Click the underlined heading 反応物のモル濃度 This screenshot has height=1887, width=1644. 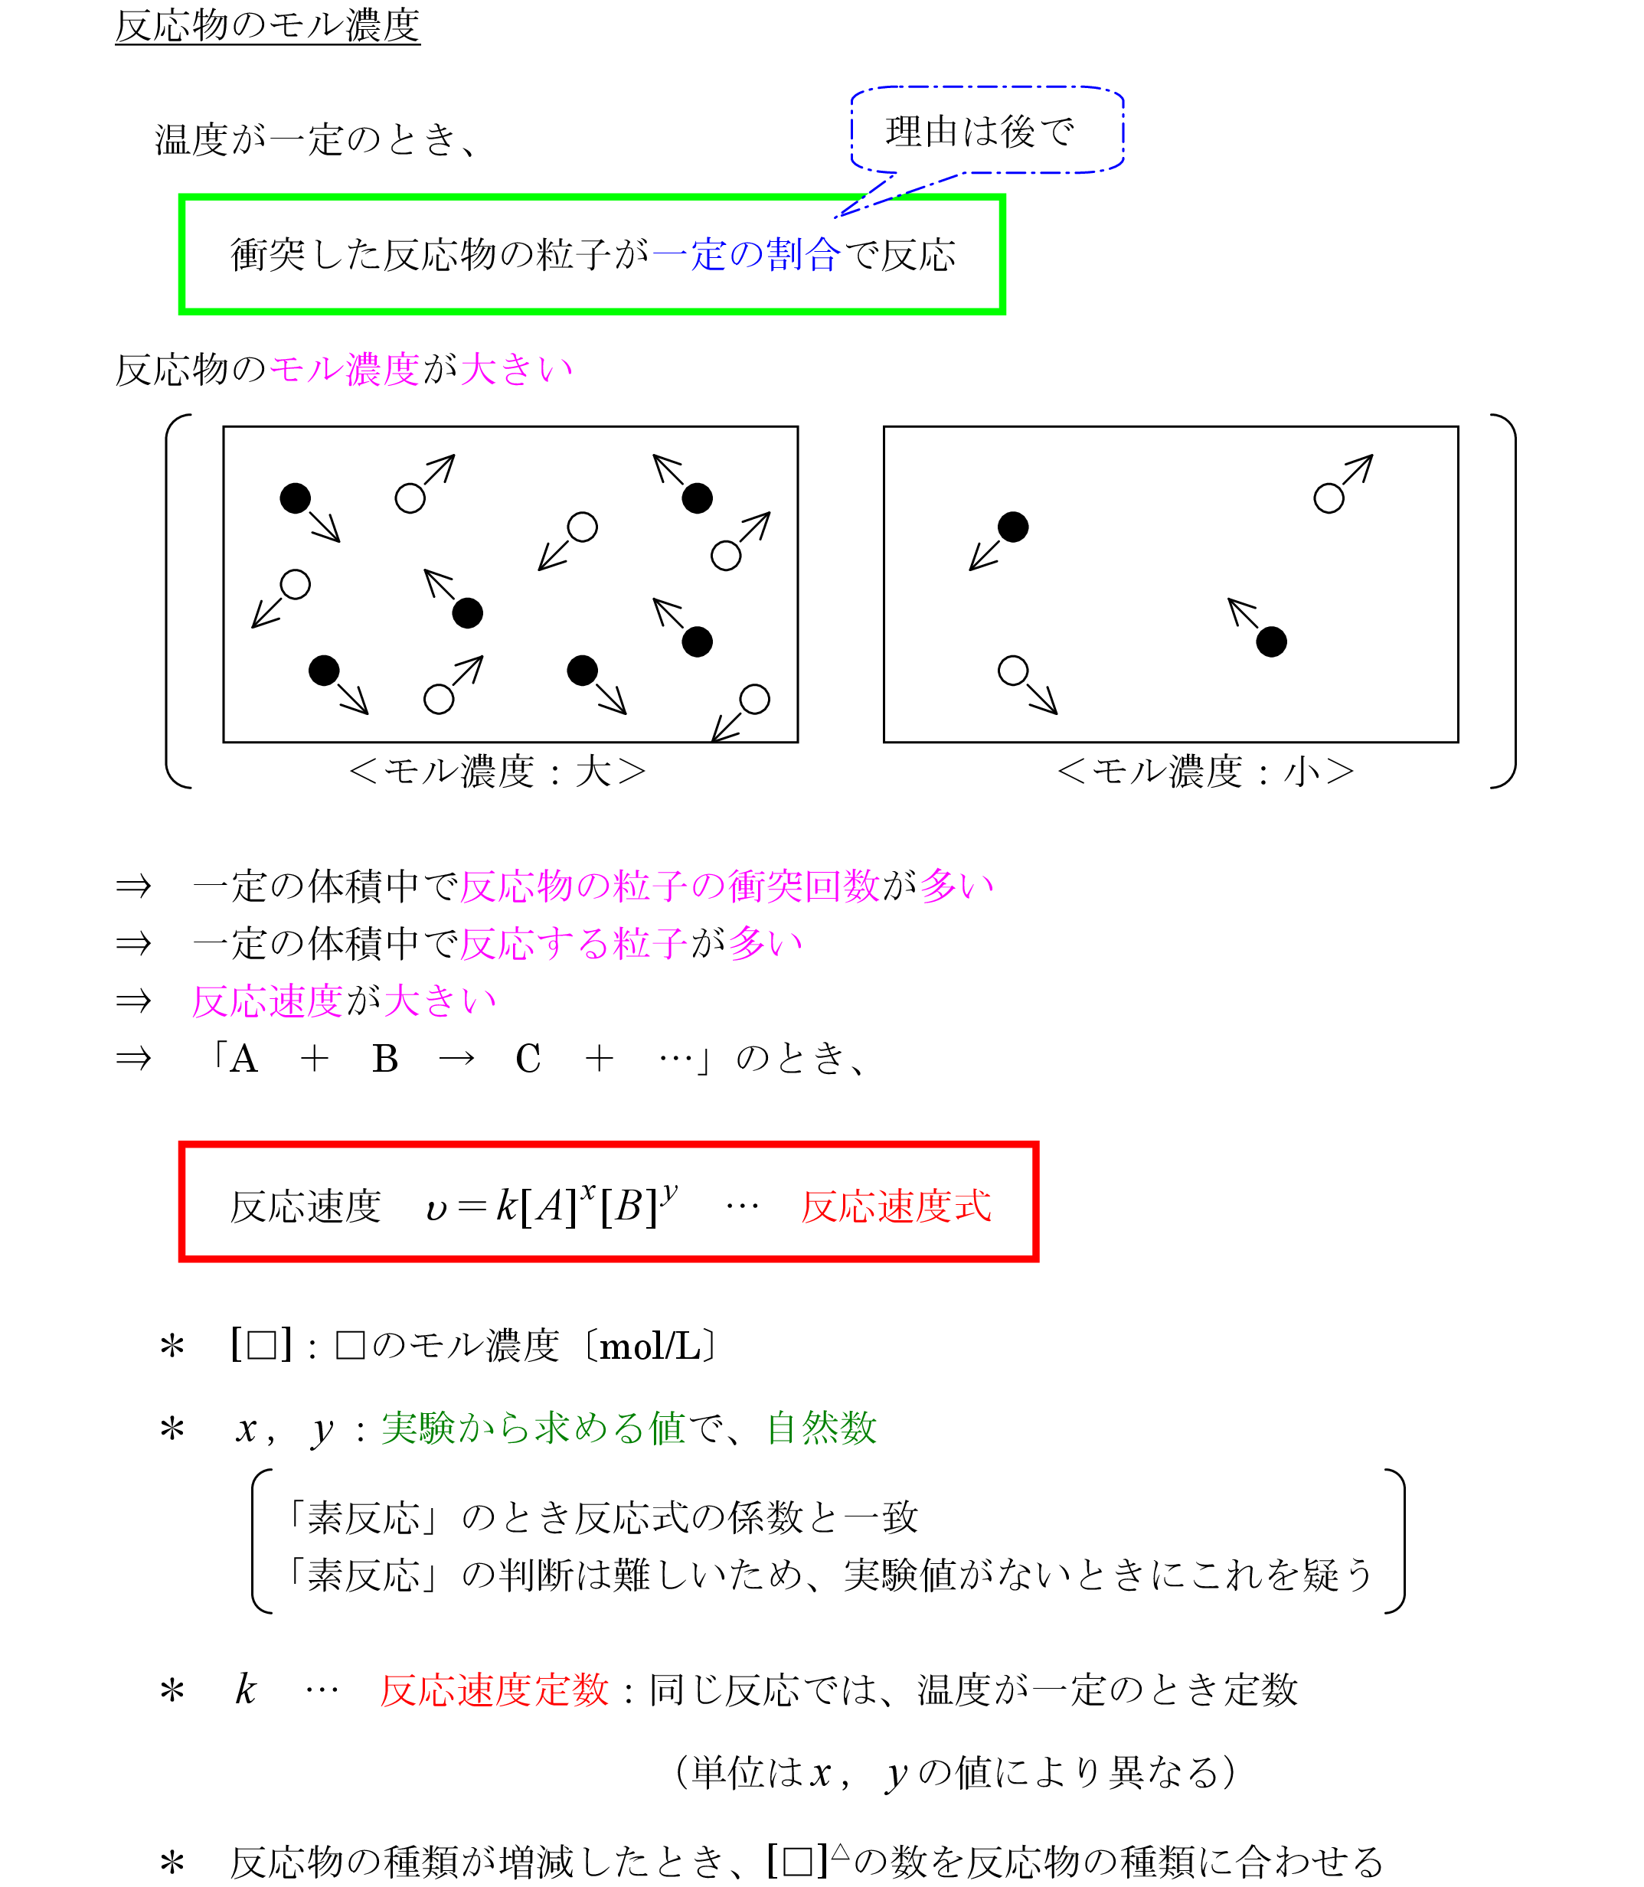tap(267, 24)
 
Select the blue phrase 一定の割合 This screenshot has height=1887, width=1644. tap(745, 254)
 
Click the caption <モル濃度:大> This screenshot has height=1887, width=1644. tap(497, 772)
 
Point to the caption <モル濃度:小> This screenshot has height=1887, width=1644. tap(1205, 772)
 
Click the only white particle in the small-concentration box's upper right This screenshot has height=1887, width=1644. tap(1329, 499)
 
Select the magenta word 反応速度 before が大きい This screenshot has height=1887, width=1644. tap(267, 1001)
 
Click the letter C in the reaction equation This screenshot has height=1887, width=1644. tap(528, 1059)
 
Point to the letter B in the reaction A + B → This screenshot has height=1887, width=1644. tap(385, 1059)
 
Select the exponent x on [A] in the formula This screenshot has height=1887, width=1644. tap(588, 1190)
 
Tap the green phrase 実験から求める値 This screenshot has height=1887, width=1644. tap(533, 1428)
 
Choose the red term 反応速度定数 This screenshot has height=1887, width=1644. tap(495, 1689)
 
